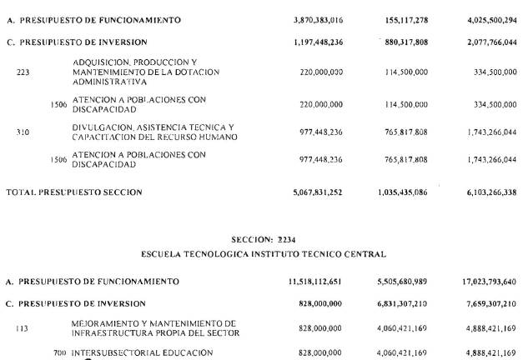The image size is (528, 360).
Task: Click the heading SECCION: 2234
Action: click(264, 239)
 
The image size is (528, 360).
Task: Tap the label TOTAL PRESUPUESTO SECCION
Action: click(74, 192)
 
